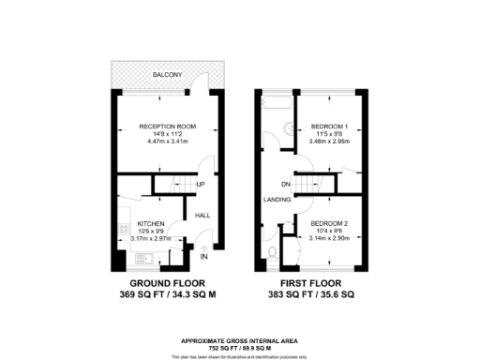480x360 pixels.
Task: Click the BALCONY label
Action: (170, 73)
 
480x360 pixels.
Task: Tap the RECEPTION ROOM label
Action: (165, 127)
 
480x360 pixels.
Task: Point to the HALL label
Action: (202, 216)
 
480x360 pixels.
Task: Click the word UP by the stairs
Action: (200, 185)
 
